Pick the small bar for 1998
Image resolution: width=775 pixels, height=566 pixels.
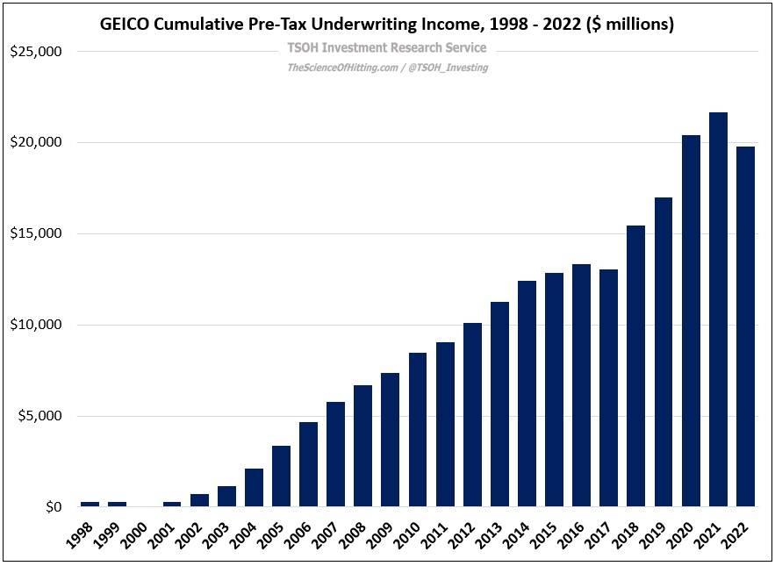90,504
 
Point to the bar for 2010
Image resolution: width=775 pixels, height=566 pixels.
418,429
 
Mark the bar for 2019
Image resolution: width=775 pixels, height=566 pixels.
664,352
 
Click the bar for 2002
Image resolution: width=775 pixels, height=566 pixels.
199,500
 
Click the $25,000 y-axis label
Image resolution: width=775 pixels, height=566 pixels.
36,52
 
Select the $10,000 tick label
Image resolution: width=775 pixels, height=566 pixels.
36,325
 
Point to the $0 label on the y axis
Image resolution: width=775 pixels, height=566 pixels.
52,507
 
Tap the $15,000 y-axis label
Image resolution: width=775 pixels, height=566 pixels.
36,233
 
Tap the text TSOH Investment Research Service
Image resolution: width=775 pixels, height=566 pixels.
387,48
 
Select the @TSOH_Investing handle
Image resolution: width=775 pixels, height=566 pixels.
448,68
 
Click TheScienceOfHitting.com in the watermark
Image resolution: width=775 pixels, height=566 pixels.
341,68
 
